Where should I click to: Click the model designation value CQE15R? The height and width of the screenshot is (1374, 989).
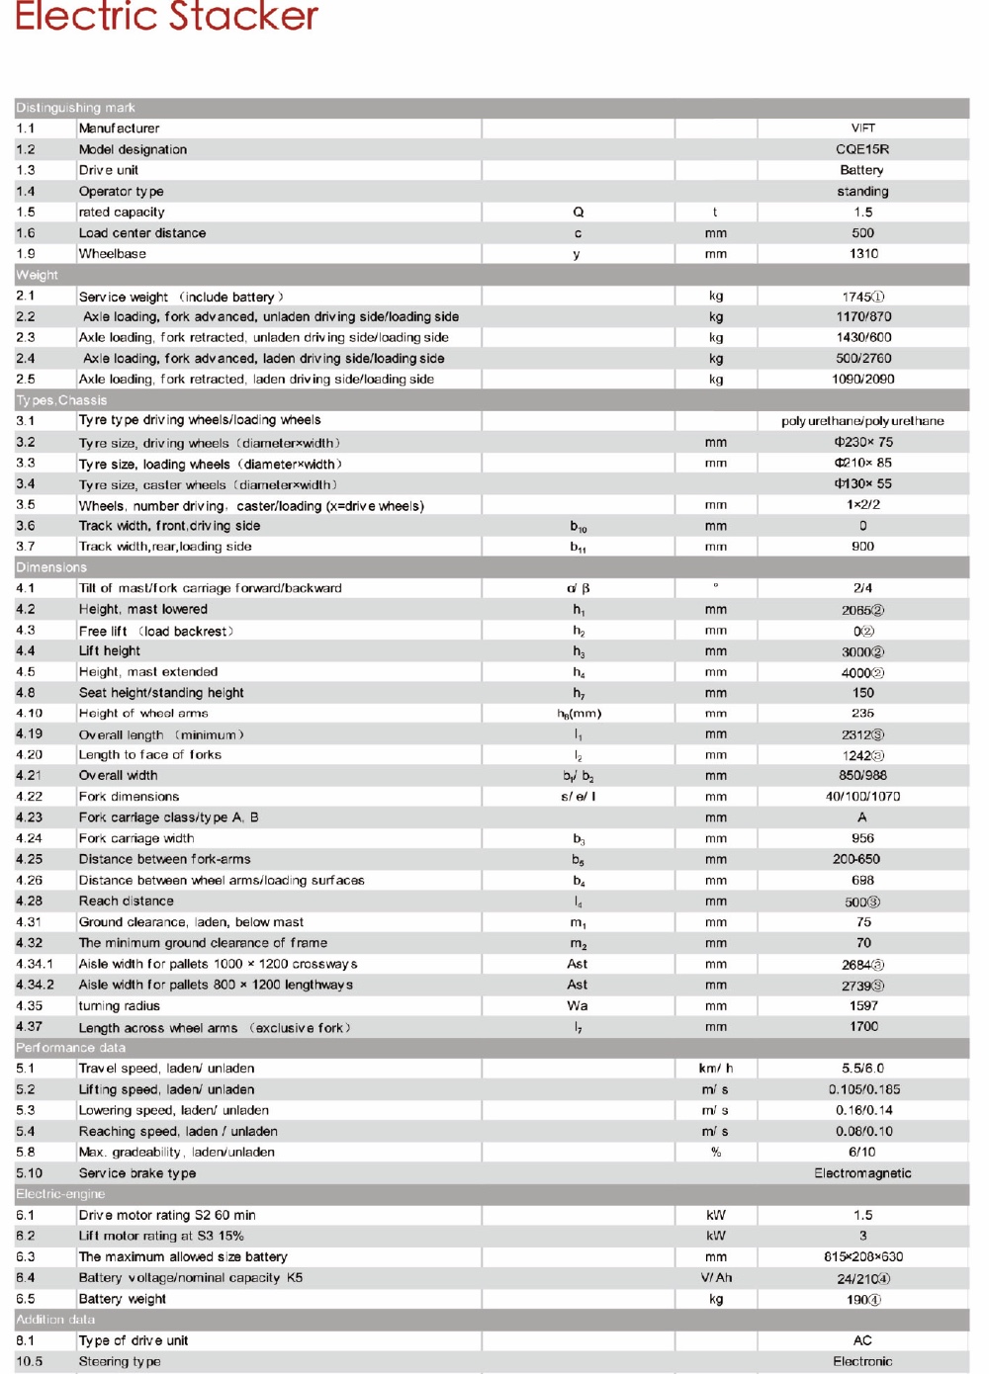(862, 149)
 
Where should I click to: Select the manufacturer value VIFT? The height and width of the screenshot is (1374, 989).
(862, 129)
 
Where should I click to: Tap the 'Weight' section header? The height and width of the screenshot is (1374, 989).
(38, 275)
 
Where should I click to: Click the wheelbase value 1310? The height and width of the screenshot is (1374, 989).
(863, 254)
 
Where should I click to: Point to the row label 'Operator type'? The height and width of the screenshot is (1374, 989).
(121, 192)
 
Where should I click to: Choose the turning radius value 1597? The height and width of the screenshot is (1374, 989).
(863, 1006)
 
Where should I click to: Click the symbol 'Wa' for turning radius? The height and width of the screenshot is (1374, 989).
(578, 1006)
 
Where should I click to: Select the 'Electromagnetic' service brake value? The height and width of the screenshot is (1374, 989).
(862, 1173)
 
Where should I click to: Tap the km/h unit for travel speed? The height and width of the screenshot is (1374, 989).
(716, 1069)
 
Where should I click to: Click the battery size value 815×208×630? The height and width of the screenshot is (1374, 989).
(862, 1257)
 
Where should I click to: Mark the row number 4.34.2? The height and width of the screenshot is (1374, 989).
(36, 986)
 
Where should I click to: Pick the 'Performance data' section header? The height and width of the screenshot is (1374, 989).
(71, 1048)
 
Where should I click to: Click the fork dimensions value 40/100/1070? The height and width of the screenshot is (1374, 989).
(862, 797)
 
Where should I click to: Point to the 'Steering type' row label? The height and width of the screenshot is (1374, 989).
(120, 1362)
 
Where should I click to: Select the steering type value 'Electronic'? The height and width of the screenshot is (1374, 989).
(862, 1362)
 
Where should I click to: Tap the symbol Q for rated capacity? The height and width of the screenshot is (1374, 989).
(579, 213)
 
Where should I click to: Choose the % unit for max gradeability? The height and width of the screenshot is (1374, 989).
(716, 1153)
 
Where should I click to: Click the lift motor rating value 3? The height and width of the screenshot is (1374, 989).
(862, 1237)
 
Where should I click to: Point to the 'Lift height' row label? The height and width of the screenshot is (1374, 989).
(110, 651)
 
